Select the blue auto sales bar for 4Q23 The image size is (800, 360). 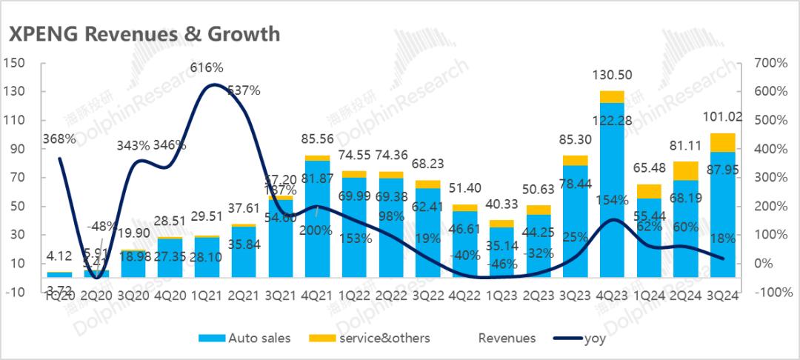[612, 200]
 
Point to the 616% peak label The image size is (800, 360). [207, 68]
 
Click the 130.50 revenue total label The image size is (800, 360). [613, 76]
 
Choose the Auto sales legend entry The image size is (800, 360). [245, 339]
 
